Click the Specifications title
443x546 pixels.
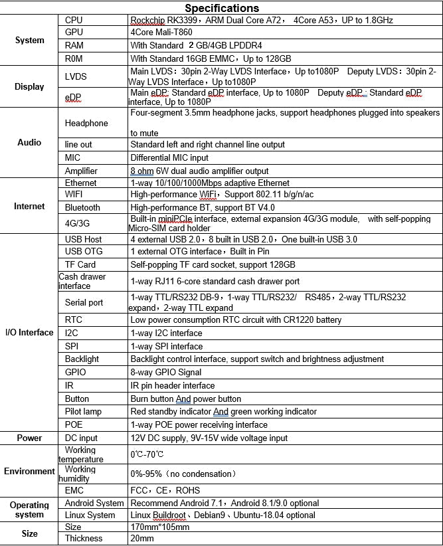click(221, 8)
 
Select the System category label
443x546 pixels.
click(30, 40)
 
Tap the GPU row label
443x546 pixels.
click(74, 32)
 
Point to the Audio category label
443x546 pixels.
click(29, 143)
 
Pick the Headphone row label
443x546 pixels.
click(86, 123)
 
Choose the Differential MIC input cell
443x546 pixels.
click(169, 158)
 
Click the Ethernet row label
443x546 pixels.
click(81, 183)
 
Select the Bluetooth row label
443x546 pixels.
click(82, 208)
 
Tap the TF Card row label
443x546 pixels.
click(80, 264)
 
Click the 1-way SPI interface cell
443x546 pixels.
click(167, 346)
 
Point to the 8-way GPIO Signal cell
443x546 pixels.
click(166, 372)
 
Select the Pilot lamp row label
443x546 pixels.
click(84, 412)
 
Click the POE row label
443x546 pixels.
click(74, 425)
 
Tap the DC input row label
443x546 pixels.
click(82, 438)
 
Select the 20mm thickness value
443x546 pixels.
click(142, 539)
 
